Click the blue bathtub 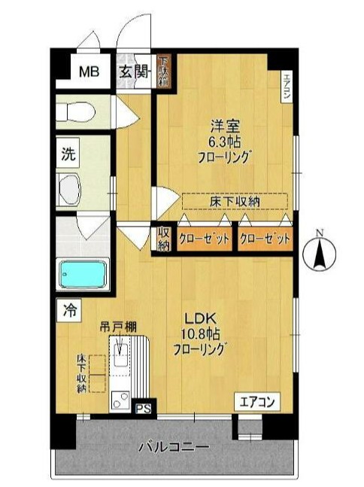[x=84, y=273]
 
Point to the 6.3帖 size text [x=223, y=142]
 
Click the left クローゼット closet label [x=205, y=239]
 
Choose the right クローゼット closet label [x=265, y=239]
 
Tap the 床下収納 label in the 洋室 [x=235, y=201]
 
